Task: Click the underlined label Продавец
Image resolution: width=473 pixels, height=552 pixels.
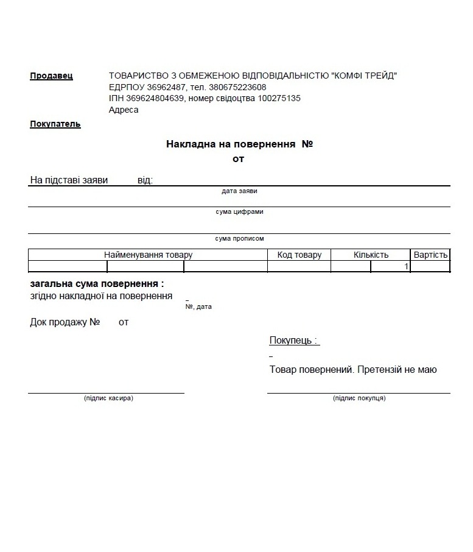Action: pos(51,76)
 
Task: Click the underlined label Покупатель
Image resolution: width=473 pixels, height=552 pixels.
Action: pos(55,124)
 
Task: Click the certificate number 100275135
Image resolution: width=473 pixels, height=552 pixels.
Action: pos(279,98)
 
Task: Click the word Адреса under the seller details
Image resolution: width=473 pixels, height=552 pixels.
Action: pos(124,110)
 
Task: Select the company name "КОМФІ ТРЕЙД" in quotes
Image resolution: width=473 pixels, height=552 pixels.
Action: pos(363,76)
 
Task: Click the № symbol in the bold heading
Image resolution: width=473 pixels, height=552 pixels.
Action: pos(307,144)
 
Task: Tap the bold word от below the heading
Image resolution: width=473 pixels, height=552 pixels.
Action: pos(238,159)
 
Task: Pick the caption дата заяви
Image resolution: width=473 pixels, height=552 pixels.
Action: pos(239,191)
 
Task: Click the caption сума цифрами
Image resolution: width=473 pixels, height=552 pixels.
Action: pos(239,212)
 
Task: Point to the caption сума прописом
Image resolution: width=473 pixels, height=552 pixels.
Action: pos(239,239)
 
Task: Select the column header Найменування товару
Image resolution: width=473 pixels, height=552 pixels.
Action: pos(148,255)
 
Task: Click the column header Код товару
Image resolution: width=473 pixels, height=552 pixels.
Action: pos(299,255)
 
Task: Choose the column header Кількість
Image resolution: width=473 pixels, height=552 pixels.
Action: pos(371,255)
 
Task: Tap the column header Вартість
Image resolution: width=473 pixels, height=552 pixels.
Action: pos(430,255)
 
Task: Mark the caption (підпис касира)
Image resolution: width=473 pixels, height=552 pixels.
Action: pos(108,398)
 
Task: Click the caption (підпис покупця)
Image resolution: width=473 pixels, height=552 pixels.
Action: pos(359,398)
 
